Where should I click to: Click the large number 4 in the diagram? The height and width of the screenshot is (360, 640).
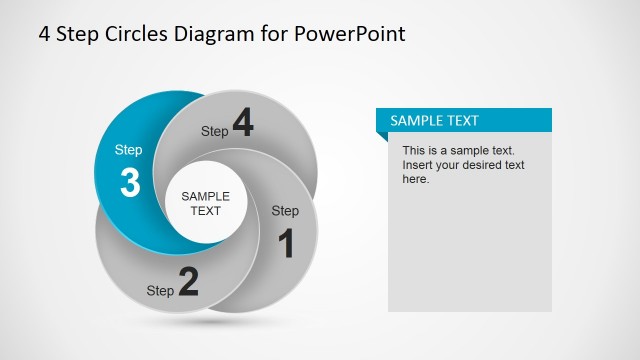[x=243, y=123]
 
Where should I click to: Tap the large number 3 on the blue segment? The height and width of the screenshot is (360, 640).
[x=130, y=184]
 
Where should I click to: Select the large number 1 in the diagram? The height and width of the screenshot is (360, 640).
[x=286, y=243]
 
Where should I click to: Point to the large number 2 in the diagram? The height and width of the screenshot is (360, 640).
[x=188, y=283]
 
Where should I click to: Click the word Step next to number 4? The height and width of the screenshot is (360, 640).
[x=215, y=131]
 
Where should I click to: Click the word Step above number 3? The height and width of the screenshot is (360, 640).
[x=129, y=150]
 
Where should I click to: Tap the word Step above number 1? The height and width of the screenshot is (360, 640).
[x=285, y=211]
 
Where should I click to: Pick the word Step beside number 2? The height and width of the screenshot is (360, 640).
[x=160, y=291]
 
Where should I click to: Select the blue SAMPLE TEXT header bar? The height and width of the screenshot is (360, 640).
[x=464, y=121]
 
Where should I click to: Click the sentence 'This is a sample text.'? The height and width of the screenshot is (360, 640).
[x=459, y=150]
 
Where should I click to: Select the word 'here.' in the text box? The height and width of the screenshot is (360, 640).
[x=416, y=179]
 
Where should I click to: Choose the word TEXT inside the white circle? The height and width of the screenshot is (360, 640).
[x=206, y=211]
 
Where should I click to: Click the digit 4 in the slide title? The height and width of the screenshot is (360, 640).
[x=45, y=33]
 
